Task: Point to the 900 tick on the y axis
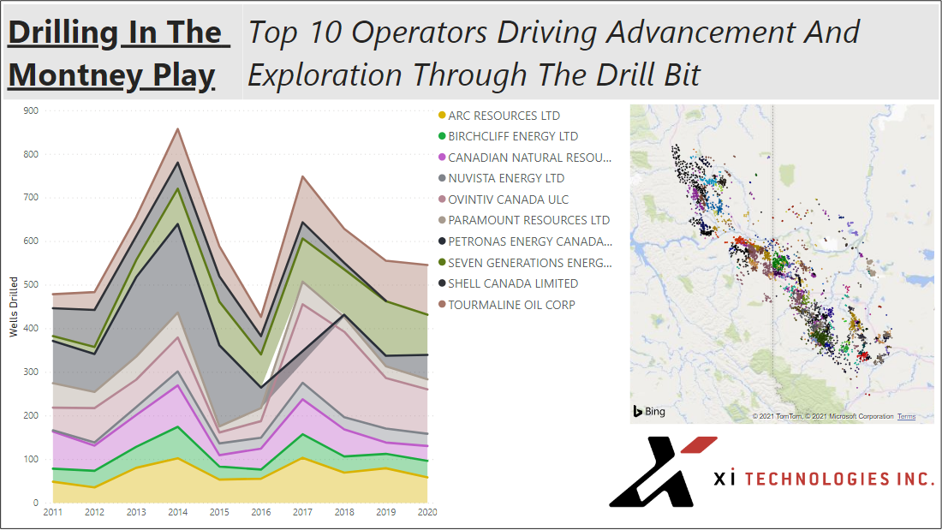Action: pyautogui.click(x=31, y=110)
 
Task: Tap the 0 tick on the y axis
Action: pyautogui.click(x=36, y=503)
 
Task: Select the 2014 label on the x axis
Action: pyautogui.click(x=177, y=513)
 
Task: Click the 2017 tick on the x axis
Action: pyautogui.click(x=303, y=513)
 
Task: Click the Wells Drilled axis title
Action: pyautogui.click(x=14, y=307)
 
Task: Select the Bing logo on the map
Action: pyautogui.click(x=649, y=412)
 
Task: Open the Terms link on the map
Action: pyautogui.click(x=906, y=417)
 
